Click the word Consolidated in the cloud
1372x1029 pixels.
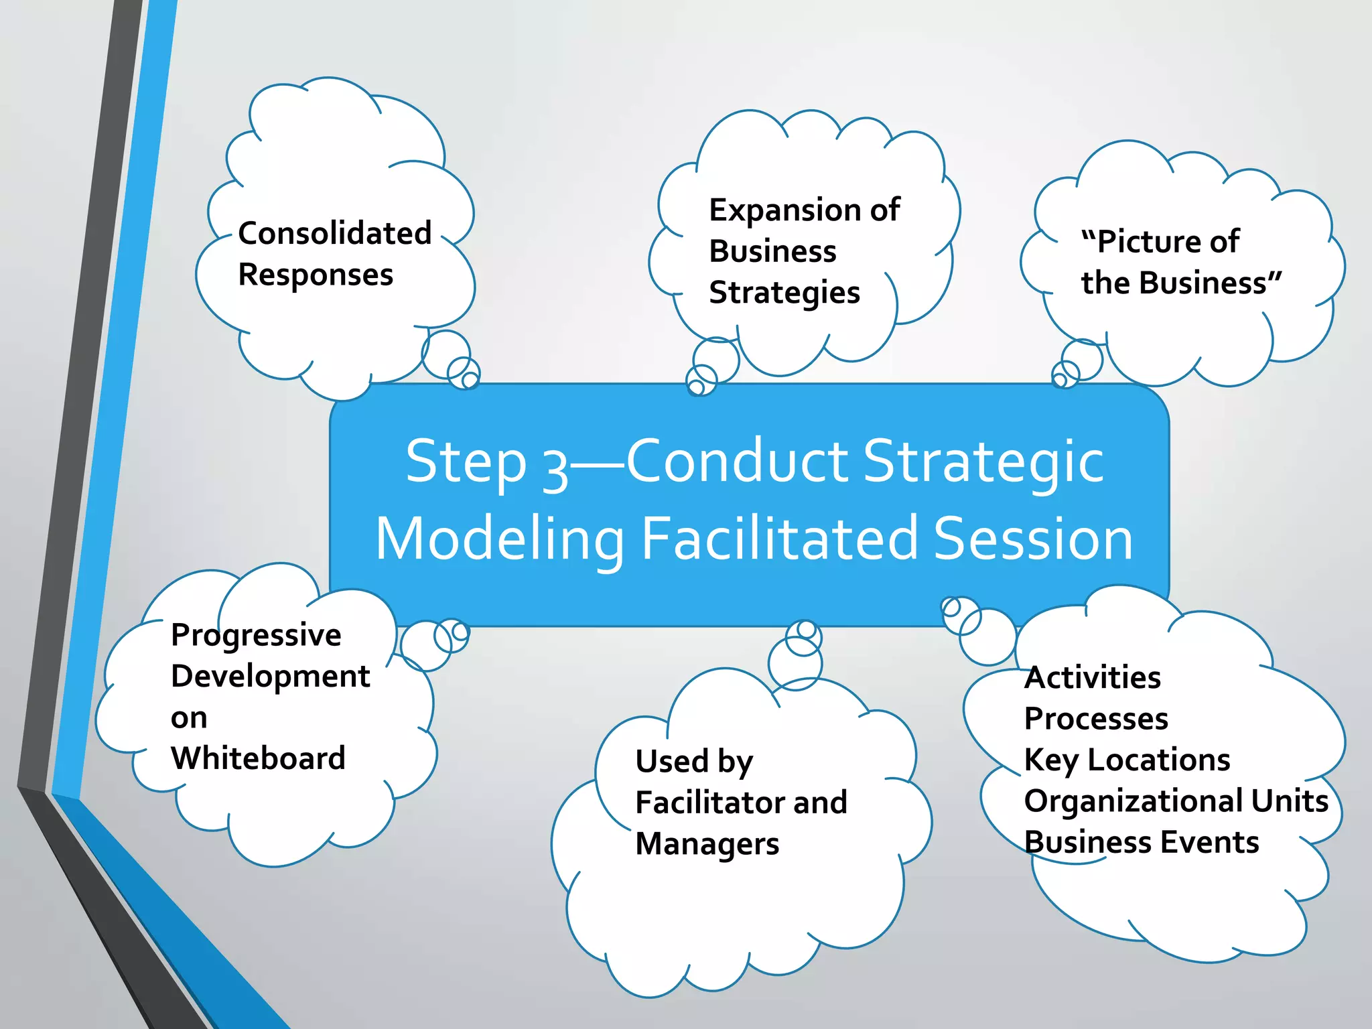pyautogui.click(x=334, y=234)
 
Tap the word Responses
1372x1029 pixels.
pyautogui.click(x=316, y=275)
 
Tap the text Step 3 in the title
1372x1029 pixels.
pyautogui.click(x=486, y=462)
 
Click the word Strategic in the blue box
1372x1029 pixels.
pyautogui.click(x=983, y=462)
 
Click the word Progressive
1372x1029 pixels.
pyautogui.click(x=256, y=635)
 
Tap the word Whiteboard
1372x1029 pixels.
pyautogui.click(x=258, y=758)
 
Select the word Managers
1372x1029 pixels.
pyautogui.click(x=707, y=844)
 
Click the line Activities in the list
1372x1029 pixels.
pyautogui.click(x=1092, y=677)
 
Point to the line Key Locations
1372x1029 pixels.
pyautogui.click(x=1127, y=760)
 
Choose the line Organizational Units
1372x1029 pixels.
pyautogui.click(x=1176, y=801)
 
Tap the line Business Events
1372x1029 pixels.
pyautogui.click(x=1141, y=843)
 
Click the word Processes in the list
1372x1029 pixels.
pyautogui.click(x=1096, y=719)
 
